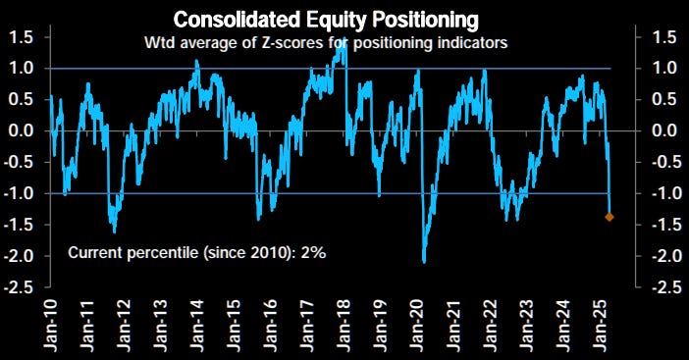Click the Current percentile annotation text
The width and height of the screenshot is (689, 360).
(196, 253)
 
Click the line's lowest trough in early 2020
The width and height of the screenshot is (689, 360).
(424, 262)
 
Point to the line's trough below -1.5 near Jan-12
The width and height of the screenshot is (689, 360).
(114, 231)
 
